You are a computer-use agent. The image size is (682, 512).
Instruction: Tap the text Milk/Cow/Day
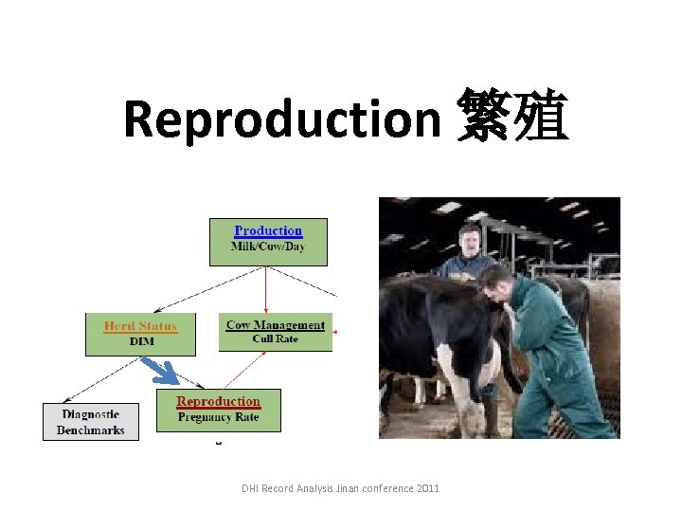pyautogui.click(x=268, y=247)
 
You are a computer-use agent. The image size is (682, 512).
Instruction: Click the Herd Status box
pyautogui.click(x=140, y=334)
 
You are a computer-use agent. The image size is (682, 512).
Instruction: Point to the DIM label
pyautogui.click(x=141, y=341)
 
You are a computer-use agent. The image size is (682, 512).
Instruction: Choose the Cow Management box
pyautogui.click(x=276, y=332)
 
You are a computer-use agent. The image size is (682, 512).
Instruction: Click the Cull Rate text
pyautogui.click(x=276, y=338)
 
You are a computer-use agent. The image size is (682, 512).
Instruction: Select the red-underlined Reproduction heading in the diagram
pyautogui.click(x=218, y=402)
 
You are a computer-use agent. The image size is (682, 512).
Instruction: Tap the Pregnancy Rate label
pyautogui.click(x=218, y=417)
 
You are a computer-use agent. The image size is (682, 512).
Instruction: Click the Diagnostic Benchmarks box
pyautogui.click(x=90, y=422)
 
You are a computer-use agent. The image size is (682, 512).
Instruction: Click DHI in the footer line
pyautogui.click(x=250, y=488)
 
